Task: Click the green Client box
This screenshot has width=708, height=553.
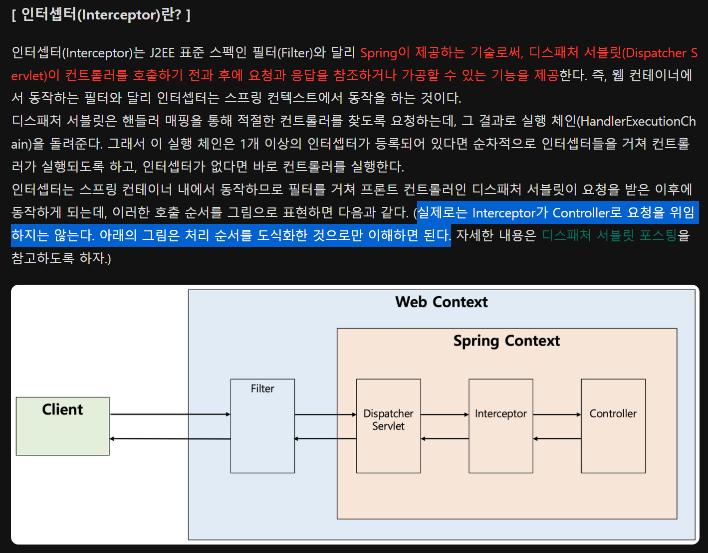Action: point(62,426)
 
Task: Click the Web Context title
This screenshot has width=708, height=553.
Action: point(441,302)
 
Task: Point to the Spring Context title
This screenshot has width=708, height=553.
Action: point(506,341)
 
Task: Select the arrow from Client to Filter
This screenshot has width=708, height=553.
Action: point(170,414)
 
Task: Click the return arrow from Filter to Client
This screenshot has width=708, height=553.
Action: point(170,439)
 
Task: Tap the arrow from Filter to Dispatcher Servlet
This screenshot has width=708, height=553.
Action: point(325,414)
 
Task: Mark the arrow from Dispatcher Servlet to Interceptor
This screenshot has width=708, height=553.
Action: point(444,414)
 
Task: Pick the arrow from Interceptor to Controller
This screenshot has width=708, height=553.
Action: point(556,414)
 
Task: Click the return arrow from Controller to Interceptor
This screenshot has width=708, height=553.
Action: point(556,439)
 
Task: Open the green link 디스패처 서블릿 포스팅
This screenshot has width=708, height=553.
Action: point(609,235)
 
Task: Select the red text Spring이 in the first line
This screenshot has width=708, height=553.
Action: point(385,53)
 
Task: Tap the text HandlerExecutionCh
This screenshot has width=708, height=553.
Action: point(638,121)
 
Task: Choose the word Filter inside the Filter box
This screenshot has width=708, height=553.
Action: point(262,388)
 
